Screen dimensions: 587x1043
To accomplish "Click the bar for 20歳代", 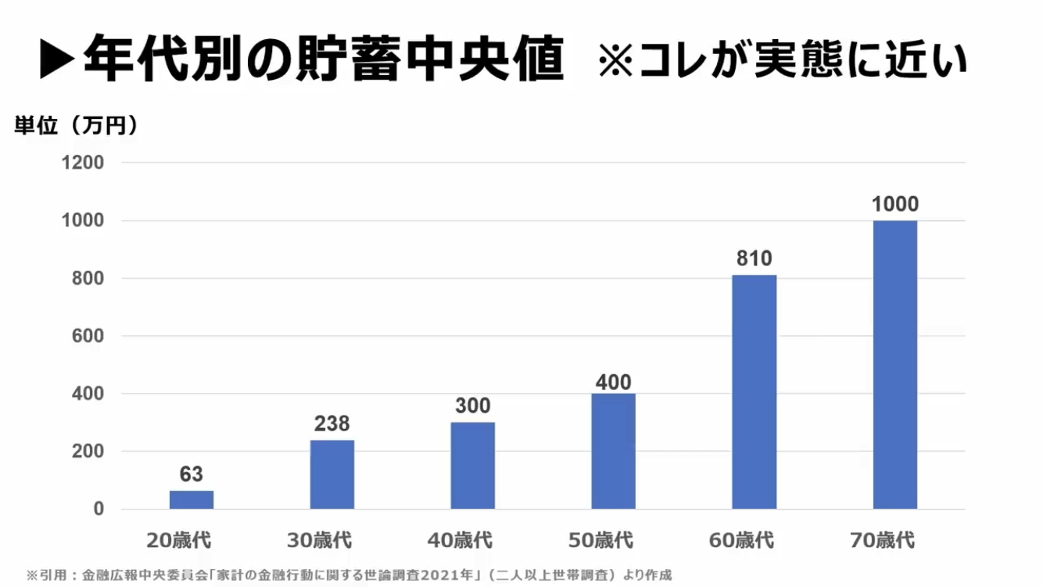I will coord(192,500).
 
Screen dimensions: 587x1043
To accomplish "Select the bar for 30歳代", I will coord(332,474).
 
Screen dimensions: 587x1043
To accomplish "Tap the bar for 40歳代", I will coord(473,466).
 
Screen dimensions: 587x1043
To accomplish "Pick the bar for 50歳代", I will coord(614,452).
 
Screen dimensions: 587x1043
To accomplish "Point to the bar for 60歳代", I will coord(754,392).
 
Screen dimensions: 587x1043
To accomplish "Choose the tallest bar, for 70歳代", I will coord(895,365).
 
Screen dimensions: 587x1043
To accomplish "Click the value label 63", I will coord(192,474).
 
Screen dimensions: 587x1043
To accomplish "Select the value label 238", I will coord(332,423).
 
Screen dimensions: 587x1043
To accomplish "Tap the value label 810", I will coord(754,258).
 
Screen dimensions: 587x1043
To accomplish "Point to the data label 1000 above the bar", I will coord(895,204).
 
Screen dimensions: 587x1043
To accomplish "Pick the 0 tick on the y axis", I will coord(99,510).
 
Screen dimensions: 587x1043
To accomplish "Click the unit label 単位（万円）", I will coord(76,125).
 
